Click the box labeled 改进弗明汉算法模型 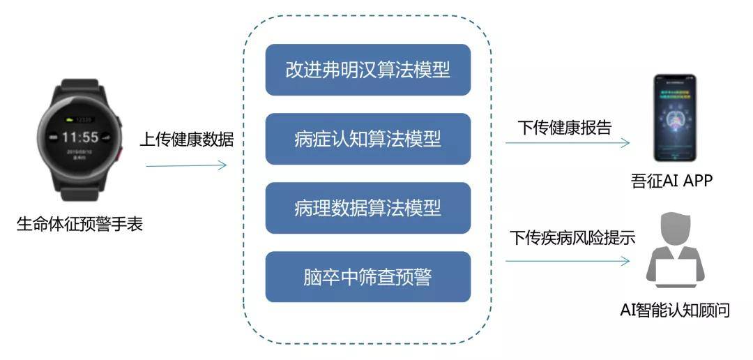(x=367, y=70)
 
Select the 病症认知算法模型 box (x=367, y=139)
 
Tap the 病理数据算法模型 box (x=367, y=208)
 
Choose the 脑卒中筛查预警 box (x=367, y=277)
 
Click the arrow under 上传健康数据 (x=186, y=165)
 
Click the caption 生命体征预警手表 (x=80, y=225)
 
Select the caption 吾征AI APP (x=670, y=182)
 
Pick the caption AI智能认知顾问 (x=674, y=310)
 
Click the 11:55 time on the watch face (x=80, y=136)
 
